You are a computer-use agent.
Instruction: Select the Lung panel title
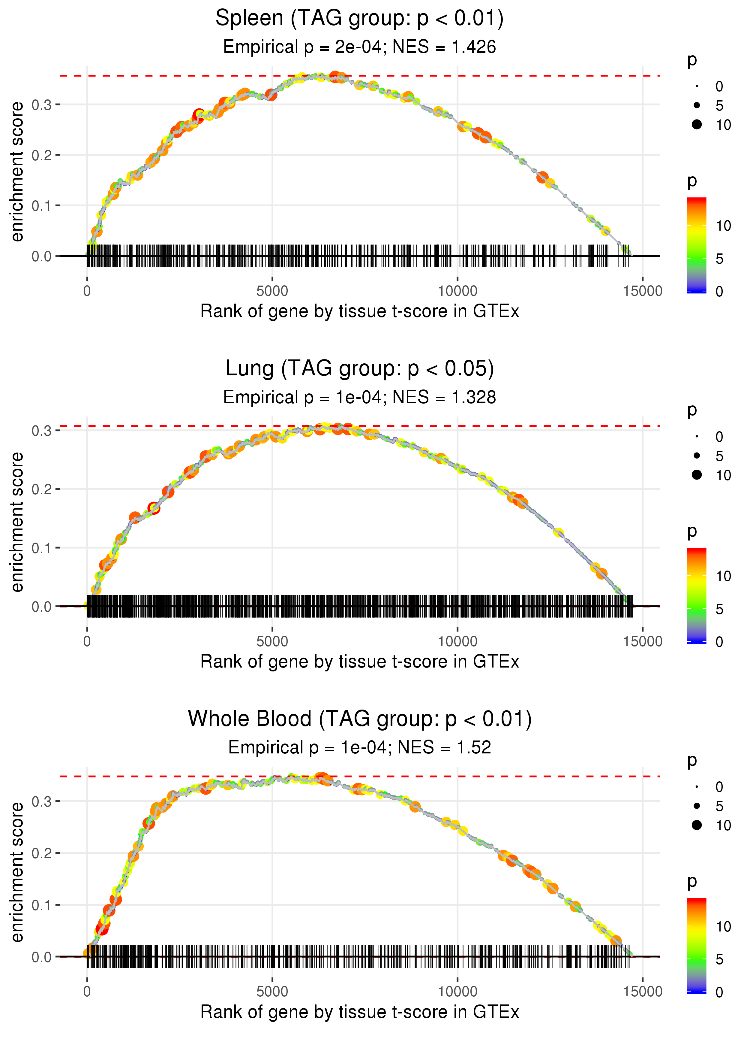[x=359, y=369]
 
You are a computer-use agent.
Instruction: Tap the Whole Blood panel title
[x=359, y=719]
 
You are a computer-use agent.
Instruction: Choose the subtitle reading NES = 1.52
[x=359, y=747]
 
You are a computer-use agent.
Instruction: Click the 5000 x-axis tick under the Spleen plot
[x=272, y=291]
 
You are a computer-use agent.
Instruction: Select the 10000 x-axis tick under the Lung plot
[x=457, y=641]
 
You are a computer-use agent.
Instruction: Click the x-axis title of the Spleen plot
[x=359, y=311]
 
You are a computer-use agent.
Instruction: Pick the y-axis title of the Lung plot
[x=17, y=522]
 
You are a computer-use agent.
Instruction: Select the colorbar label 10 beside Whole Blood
[x=723, y=926]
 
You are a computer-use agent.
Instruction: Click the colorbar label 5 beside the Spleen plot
[x=719, y=259]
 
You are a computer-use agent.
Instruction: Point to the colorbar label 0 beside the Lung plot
[x=719, y=642]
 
